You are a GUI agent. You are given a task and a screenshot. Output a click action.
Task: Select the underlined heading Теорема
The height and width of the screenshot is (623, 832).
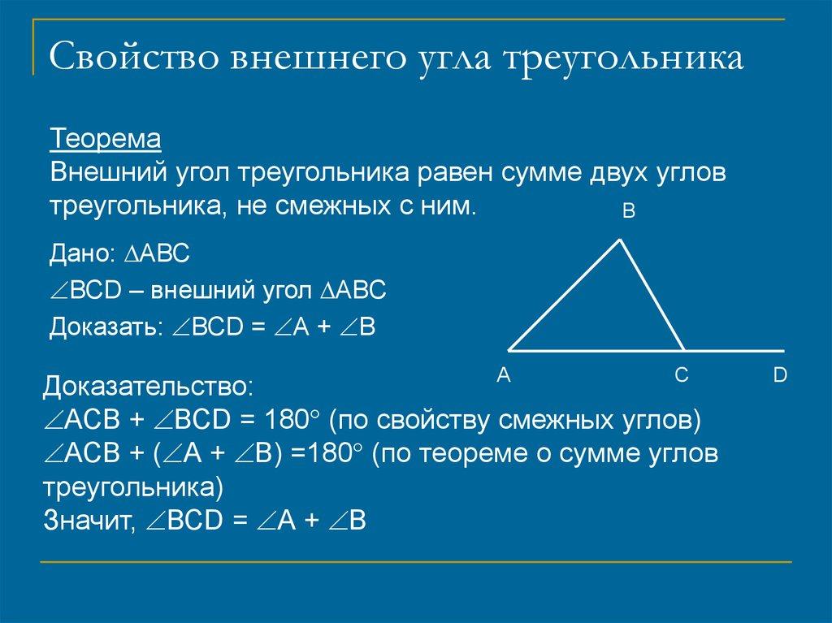click(106, 139)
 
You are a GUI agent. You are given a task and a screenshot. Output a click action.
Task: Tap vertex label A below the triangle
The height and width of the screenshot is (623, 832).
click(502, 375)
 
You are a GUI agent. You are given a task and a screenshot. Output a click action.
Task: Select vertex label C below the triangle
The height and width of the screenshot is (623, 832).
click(681, 375)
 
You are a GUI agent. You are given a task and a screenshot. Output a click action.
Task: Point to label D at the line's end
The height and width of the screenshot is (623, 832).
click(780, 375)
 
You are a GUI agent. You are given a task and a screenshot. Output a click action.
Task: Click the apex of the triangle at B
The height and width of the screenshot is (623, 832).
click(621, 239)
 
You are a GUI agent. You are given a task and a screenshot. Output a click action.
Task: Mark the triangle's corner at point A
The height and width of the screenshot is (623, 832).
click(510, 350)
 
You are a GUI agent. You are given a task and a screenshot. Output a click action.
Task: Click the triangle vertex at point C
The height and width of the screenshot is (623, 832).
click(683, 350)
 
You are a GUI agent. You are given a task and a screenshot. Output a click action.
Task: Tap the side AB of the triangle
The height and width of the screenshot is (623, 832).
click(565, 295)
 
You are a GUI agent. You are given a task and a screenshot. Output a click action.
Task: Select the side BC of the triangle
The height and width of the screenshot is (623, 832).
click(652, 295)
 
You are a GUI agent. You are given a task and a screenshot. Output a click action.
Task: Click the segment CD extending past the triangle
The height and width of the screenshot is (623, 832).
click(734, 350)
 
